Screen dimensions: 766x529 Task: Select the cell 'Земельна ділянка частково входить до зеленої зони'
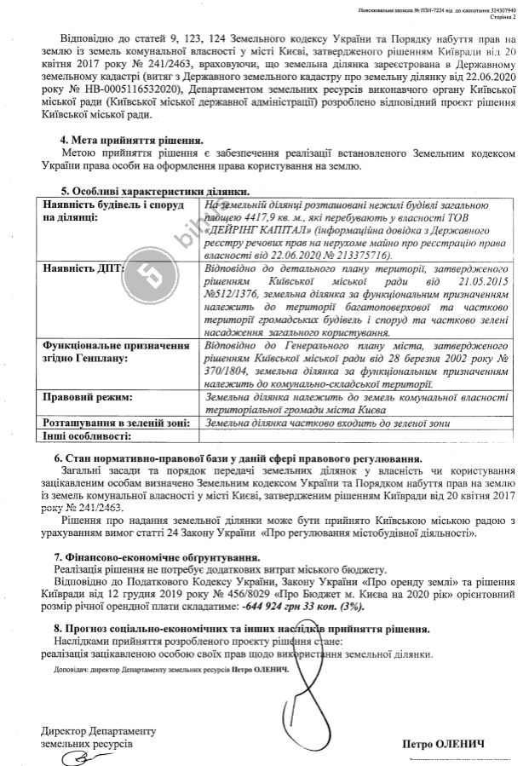329,423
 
